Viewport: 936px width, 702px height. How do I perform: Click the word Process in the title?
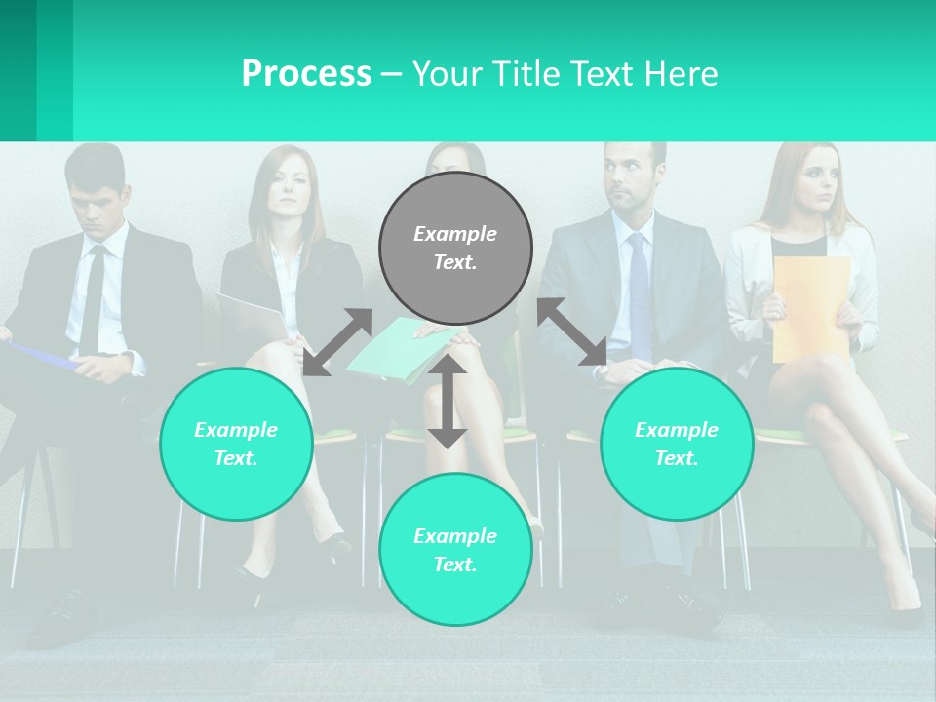click(306, 74)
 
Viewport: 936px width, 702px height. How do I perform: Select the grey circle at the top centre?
click(455, 249)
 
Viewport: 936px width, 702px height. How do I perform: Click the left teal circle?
click(236, 444)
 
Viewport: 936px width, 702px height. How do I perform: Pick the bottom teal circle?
click(455, 550)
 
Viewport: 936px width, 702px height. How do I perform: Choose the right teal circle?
click(677, 444)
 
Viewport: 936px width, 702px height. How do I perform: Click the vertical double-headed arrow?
click(448, 401)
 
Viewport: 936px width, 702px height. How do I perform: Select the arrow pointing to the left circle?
click(337, 341)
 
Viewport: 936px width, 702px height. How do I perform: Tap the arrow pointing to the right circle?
click(572, 331)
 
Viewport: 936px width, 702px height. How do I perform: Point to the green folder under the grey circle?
click(400, 352)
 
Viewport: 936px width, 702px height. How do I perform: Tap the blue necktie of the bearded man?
click(639, 292)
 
